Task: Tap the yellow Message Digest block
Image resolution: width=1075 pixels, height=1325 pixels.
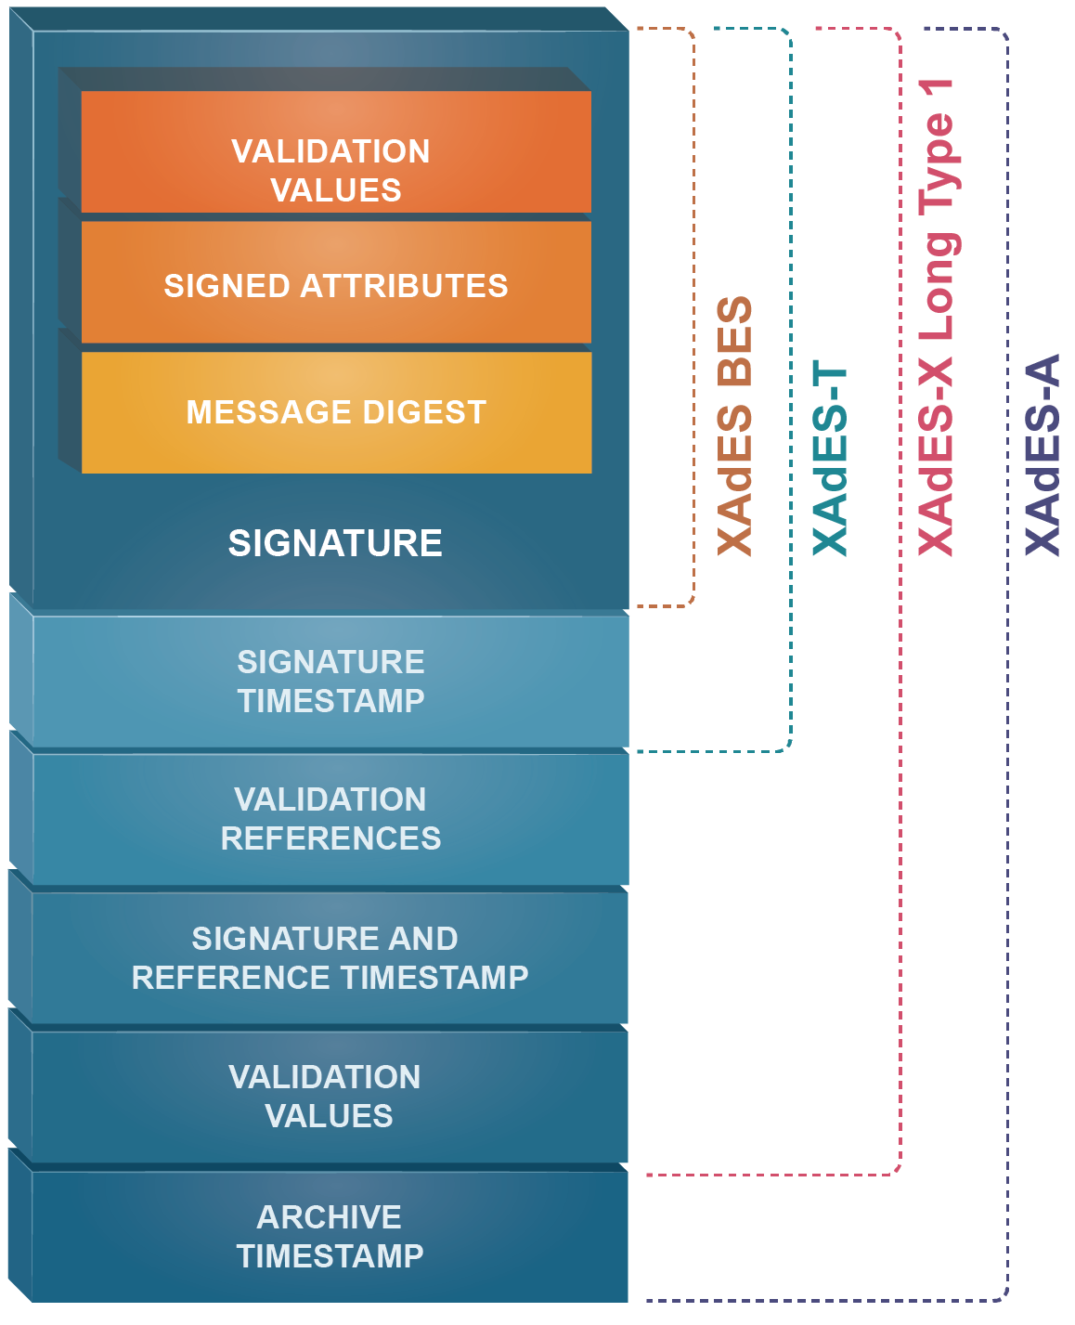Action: pyautogui.click(x=335, y=411)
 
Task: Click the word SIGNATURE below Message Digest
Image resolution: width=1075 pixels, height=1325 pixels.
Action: pyautogui.click(x=335, y=543)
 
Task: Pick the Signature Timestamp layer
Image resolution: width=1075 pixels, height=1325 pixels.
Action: pyautogui.click(x=330, y=681)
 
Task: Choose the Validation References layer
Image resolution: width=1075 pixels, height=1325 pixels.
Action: pyautogui.click(x=330, y=818)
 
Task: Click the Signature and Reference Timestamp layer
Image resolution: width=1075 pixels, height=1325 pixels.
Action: pyautogui.click(x=330, y=957)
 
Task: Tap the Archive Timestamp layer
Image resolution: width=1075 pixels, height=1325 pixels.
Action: pyautogui.click(x=330, y=1236)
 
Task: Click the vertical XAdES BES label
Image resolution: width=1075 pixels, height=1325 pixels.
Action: pyautogui.click(x=735, y=426)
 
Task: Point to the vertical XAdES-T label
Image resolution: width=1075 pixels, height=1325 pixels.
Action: pyautogui.click(x=830, y=459)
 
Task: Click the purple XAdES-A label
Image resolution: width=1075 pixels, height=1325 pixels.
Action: pyautogui.click(x=1042, y=454)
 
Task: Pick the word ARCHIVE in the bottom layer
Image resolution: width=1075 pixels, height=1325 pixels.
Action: pyautogui.click(x=330, y=1216)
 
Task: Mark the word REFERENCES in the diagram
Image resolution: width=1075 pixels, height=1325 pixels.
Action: pyautogui.click(x=330, y=838)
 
